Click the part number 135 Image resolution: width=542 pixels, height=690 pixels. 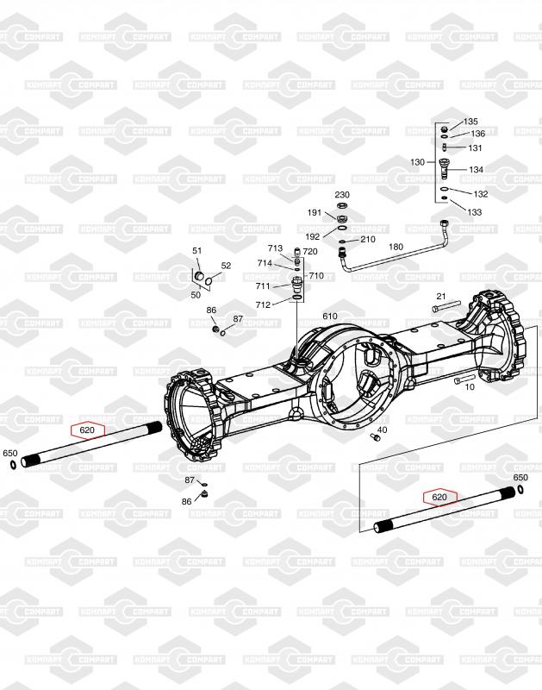pyautogui.click(x=470, y=122)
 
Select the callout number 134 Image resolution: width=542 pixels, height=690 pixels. pyautogui.click(x=476, y=169)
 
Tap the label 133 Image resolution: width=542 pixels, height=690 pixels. pyautogui.click(x=474, y=212)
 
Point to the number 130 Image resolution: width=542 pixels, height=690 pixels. pyautogui.click(x=417, y=162)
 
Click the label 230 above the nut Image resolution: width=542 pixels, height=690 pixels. pyautogui.click(x=342, y=195)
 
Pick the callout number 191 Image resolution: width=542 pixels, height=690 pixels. pyautogui.click(x=315, y=212)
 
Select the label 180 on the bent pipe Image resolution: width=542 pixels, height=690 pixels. pyautogui.click(x=396, y=247)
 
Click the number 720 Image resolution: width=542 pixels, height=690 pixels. pyautogui.click(x=310, y=252)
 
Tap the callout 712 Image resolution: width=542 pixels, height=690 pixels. pyautogui.click(x=263, y=305)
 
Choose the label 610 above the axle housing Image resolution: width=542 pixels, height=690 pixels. pyautogui.click(x=330, y=316)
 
